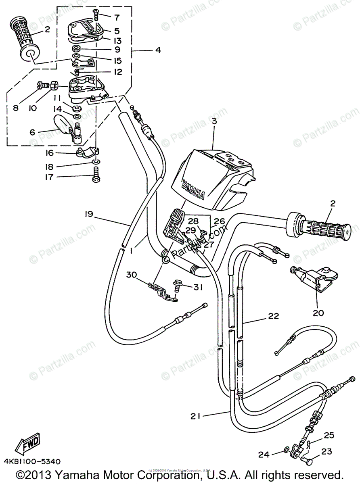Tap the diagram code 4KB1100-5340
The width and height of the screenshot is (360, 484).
pos(32,461)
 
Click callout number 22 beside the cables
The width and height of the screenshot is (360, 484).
pos(274,317)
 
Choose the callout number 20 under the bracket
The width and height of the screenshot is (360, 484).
pos(318,313)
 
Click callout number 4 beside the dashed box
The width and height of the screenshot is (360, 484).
pos(157,50)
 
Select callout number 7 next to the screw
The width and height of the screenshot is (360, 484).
pos(117,17)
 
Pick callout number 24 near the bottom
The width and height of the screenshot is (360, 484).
pos(263,455)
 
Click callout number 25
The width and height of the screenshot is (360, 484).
pos(329,435)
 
